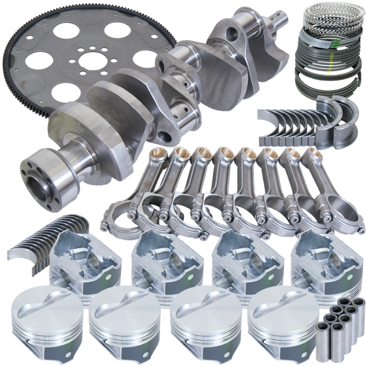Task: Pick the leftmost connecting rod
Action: (x=134, y=183)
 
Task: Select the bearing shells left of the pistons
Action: (x=31, y=240)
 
